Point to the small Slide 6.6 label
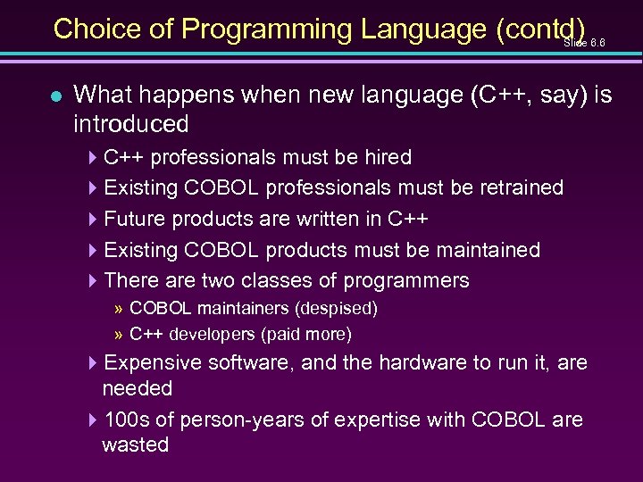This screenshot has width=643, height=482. click(585, 42)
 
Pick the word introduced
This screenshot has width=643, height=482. click(131, 123)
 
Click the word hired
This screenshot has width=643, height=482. click(388, 158)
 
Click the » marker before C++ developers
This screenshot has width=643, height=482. click(119, 335)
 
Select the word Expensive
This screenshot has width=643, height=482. click(154, 363)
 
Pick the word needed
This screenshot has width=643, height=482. click(137, 389)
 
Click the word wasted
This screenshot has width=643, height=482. click(135, 445)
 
